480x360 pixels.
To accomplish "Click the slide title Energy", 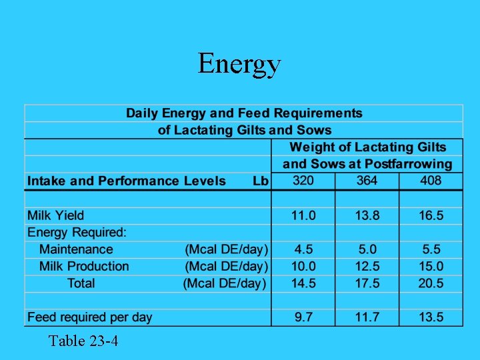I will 239,65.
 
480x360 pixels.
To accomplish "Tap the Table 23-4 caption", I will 83,342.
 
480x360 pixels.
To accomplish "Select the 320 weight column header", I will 303,181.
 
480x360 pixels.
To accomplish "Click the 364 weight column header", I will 367,181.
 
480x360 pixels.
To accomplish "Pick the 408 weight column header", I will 430,181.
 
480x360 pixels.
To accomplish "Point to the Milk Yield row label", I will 55,215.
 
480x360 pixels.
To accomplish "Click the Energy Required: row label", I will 77,233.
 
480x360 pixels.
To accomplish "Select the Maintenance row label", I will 76,249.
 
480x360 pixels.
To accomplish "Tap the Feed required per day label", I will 89,317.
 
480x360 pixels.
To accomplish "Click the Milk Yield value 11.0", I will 303,215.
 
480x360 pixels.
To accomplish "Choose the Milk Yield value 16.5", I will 430,215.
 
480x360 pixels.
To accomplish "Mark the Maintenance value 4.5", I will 303,249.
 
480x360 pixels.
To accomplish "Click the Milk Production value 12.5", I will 367,266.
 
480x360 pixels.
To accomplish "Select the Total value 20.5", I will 430,283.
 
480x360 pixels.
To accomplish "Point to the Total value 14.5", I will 303,283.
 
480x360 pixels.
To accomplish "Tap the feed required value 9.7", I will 303,317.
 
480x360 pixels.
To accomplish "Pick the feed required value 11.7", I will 367,317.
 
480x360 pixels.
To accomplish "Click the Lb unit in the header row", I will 260,181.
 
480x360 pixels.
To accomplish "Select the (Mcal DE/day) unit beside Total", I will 225,283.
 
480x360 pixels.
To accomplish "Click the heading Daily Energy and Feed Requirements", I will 244,113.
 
